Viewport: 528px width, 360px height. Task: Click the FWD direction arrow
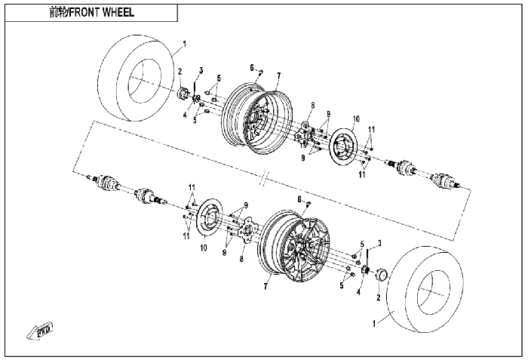[x=41, y=331]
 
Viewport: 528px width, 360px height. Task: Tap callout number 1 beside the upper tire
[x=184, y=45]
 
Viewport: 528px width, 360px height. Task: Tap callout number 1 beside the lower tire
[x=374, y=324]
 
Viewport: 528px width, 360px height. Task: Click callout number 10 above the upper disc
[x=356, y=119]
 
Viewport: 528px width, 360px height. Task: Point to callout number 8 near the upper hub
[x=313, y=106]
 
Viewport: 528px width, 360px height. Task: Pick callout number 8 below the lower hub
[x=241, y=259]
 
